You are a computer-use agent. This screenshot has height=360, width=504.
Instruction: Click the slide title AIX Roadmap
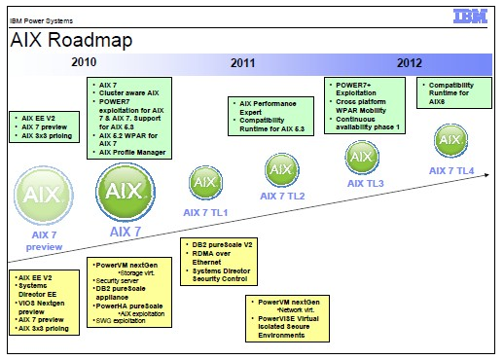pyautogui.click(x=70, y=42)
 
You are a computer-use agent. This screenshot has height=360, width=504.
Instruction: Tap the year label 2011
pyautogui.click(x=243, y=63)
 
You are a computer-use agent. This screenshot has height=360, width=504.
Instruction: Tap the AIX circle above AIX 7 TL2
pyautogui.click(x=283, y=171)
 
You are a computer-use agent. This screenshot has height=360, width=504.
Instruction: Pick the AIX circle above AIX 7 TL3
pyautogui.click(x=362, y=157)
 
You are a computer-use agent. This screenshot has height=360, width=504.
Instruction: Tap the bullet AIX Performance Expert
pyautogui.click(x=270, y=107)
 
